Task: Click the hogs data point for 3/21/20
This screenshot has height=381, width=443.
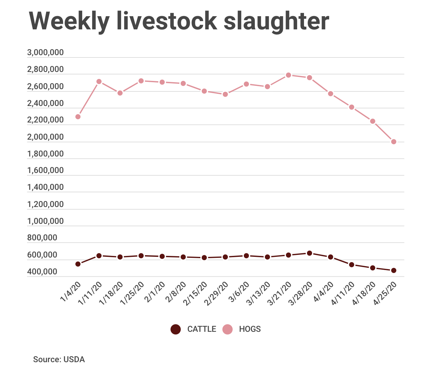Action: [x=289, y=75]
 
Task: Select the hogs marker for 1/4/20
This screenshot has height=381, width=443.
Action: [x=78, y=117]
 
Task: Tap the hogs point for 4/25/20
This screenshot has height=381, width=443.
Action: [x=393, y=142]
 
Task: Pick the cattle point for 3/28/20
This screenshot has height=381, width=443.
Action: [x=309, y=253]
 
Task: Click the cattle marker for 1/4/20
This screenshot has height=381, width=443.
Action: [x=78, y=264]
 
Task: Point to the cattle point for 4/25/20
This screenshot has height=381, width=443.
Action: [x=393, y=270]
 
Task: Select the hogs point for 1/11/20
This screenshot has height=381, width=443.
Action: [x=99, y=81]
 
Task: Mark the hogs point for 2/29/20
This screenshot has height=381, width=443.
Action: [x=225, y=94]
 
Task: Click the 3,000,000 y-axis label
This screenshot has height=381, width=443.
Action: [x=46, y=52]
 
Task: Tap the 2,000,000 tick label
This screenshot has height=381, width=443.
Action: [x=46, y=137]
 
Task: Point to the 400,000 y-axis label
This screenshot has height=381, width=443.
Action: [x=42, y=272]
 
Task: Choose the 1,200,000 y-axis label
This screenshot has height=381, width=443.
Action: [x=46, y=204]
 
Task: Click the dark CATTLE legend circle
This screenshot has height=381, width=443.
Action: [x=176, y=329]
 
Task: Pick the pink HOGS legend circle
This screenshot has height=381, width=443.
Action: [x=227, y=329]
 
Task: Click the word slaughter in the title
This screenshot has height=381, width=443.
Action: [x=276, y=21]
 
